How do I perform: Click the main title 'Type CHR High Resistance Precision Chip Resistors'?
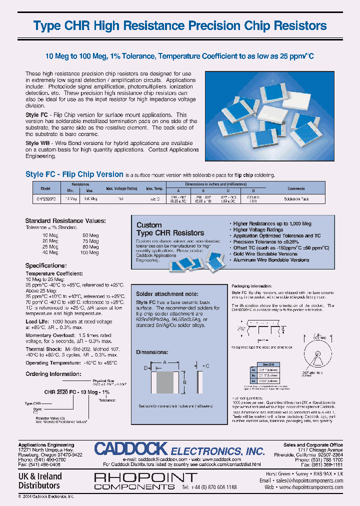pos(180,26)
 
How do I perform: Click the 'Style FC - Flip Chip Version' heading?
pos(74,174)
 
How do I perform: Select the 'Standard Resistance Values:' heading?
pos(65,220)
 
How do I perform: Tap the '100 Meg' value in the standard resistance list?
pos(90,252)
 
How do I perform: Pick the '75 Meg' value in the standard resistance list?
pos(90,241)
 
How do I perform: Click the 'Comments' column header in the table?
pos(296,188)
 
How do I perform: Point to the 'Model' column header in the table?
pos(45,188)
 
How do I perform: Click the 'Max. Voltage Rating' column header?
pos(121,188)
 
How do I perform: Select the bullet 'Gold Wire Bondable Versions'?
pos(265,254)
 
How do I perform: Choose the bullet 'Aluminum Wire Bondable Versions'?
pos(271,260)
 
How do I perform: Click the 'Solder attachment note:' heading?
pos(167,294)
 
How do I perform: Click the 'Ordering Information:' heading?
pos(53,373)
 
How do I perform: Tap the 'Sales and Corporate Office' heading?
pos(312,444)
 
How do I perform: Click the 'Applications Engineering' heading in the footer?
pos(46,444)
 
